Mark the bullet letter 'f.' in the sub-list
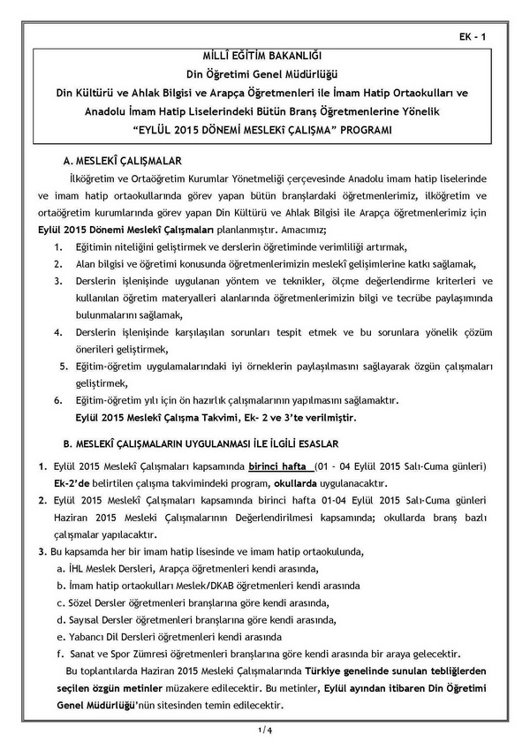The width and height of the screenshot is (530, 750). tap(58, 655)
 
